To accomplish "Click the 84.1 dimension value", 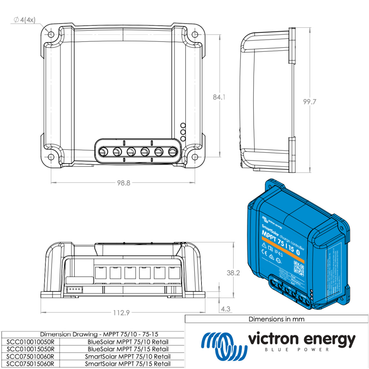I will [x=219, y=97].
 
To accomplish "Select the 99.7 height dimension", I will [x=309, y=102].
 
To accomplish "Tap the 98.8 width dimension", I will [x=123, y=183].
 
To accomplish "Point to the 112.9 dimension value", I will [x=121, y=313].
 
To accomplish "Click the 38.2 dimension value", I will [x=233, y=273].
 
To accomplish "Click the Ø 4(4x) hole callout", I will [x=25, y=20].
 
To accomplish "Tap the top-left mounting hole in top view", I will [x=51, y=35].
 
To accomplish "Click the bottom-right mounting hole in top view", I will [x=195, y=157].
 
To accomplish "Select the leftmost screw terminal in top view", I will [x=102, y=152].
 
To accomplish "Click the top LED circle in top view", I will [x=183, y=126].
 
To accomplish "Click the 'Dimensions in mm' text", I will [x=276, y=319].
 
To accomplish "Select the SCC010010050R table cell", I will [x=30, y=342].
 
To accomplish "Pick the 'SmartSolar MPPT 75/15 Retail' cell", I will [x=128, y=364].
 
